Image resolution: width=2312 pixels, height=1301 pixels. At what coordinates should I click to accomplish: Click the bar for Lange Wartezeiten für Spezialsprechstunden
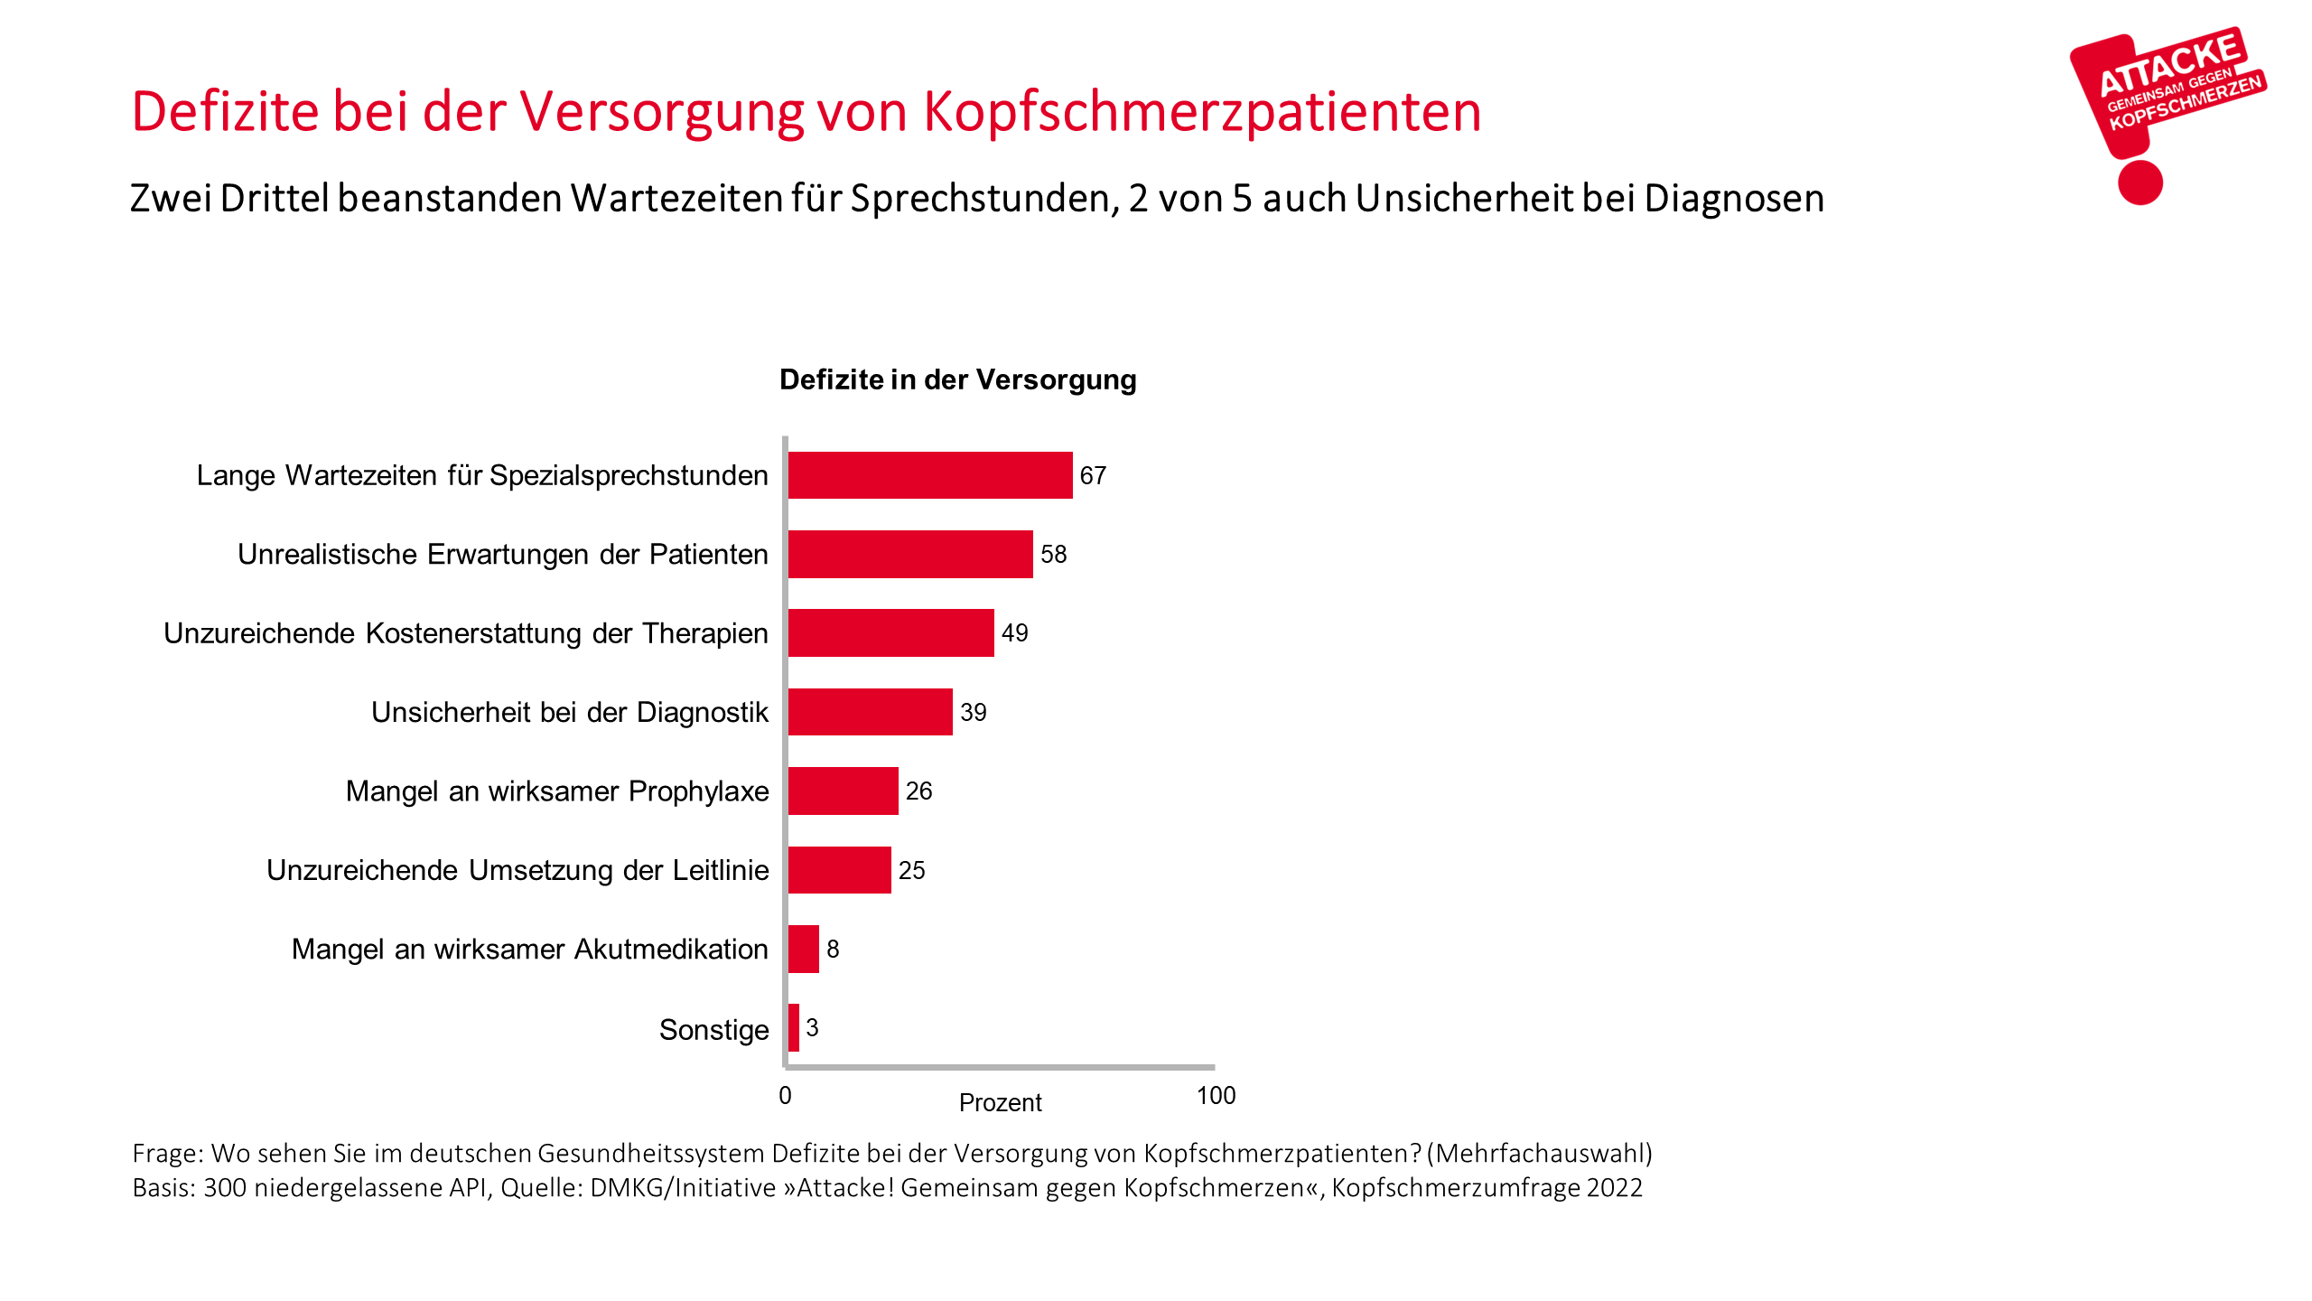click(929, 475)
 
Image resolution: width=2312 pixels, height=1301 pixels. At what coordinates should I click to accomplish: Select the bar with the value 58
click(909, 554)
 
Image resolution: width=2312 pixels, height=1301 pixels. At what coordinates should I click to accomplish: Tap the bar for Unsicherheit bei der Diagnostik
click(870, 712)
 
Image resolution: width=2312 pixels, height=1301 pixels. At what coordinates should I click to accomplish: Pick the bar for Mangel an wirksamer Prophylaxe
click(843, 791)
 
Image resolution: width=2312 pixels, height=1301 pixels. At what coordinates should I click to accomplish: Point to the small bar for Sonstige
click(793, 1027)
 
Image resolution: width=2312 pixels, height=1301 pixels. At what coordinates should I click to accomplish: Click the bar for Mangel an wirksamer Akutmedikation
click(803, 949)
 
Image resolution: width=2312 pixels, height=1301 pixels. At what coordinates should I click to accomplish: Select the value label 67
click(1093, 475)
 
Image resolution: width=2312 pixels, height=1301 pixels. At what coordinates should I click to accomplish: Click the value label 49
click(1014, 632)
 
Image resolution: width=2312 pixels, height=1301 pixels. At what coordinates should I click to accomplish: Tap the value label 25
click(911, 870)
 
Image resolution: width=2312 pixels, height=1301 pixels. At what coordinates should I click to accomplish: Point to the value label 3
click(812, 1027)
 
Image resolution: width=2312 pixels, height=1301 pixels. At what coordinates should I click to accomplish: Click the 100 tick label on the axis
click(1216, 1096)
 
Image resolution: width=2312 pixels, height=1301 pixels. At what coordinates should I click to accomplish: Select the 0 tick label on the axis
click(785, 1096)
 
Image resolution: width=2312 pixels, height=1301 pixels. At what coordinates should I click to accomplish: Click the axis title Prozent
click(1000, 1102)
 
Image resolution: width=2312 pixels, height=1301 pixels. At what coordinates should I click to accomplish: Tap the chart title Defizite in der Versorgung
click(957, 379)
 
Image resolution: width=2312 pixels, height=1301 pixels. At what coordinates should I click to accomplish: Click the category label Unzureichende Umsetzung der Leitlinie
click(517, 870)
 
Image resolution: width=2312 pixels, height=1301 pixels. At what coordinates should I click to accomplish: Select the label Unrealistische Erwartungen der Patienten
click(502, 554)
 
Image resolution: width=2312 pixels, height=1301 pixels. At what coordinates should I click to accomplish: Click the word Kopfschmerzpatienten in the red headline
click(1201, 112)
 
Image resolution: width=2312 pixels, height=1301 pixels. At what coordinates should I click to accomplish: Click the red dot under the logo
click(2140, 183)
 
